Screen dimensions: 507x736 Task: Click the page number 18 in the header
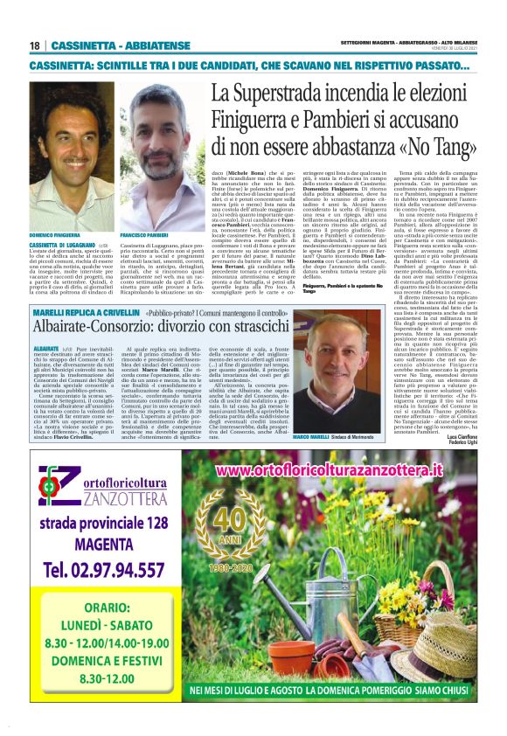click(35, 45)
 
